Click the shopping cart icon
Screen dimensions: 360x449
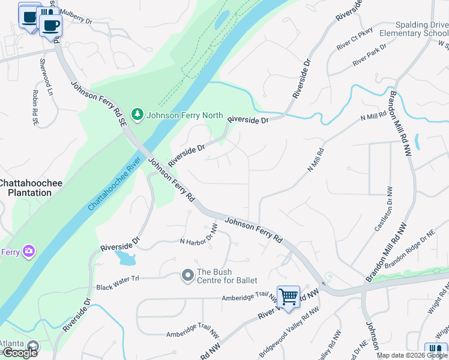289,296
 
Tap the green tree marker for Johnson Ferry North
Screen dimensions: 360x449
138,114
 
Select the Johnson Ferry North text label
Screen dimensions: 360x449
185,115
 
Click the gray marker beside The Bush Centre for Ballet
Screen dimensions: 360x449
187,275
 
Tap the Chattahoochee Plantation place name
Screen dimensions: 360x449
25,188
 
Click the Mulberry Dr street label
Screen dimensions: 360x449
75,20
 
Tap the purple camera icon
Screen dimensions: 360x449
28,250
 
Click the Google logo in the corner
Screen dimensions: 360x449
19,353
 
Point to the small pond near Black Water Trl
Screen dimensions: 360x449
126,258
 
